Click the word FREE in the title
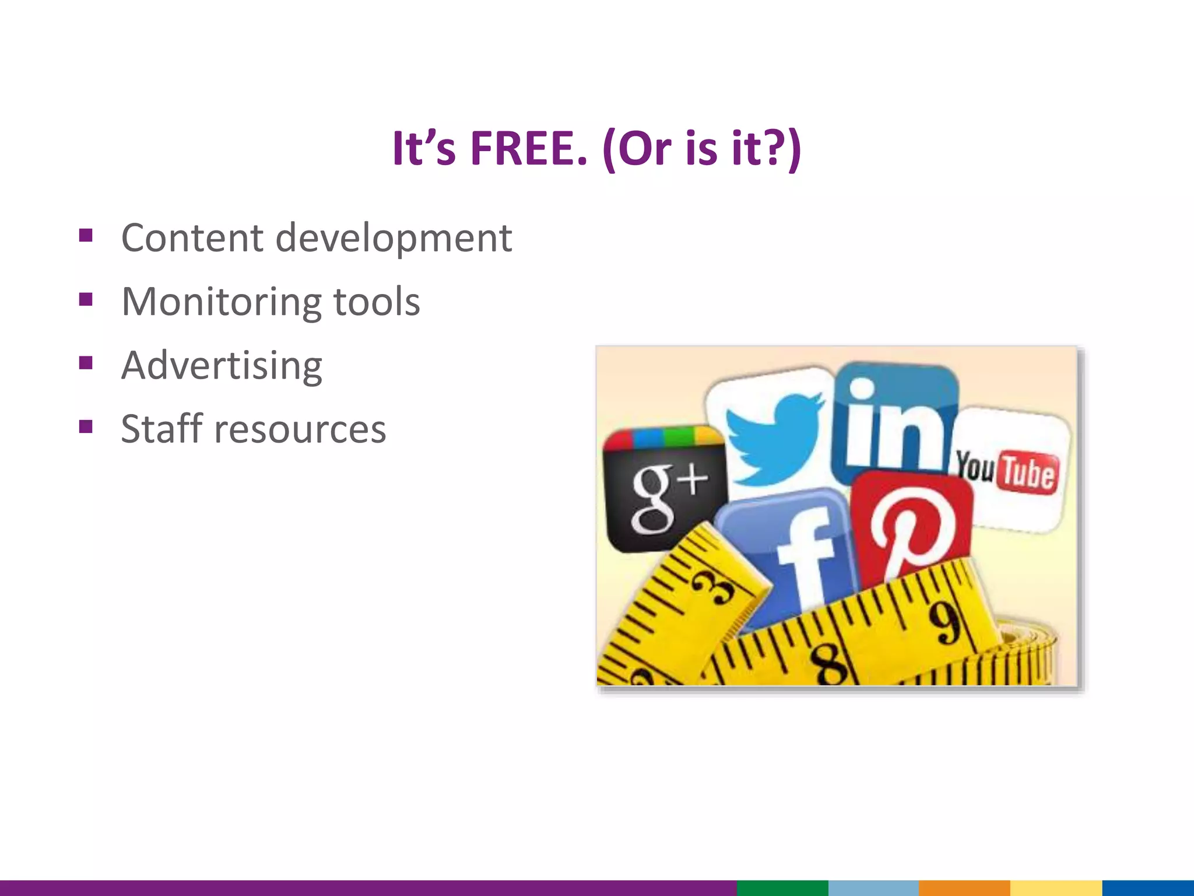(528, 149)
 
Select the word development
(394, 238)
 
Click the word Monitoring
(221, 302)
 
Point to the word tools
(376, 302)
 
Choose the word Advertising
(222, 366)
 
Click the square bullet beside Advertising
(86, 363)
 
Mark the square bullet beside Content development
(86, 236)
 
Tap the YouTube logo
(1007, 470)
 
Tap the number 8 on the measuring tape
(831, 665)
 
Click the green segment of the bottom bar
(782, 888)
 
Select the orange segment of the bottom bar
(964, 888)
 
